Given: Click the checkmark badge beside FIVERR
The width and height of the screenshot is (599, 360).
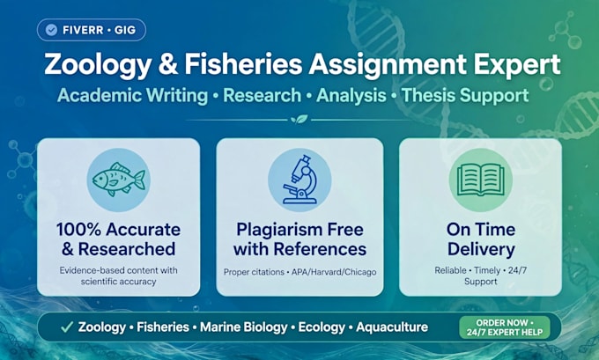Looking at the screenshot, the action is (x=51, y=30).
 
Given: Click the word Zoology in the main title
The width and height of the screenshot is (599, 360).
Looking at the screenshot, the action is (x=98, y=65).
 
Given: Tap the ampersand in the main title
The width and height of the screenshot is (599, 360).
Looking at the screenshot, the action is (x=168, y=64).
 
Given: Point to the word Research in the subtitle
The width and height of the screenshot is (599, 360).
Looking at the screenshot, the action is (x=263, y=95).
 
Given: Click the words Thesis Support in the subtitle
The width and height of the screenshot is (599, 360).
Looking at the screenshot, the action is (x=465, y=96).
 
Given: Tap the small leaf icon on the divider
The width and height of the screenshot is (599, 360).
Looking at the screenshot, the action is (x=299, y=119).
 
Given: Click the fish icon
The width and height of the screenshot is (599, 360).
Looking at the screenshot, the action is (x=118, y=180).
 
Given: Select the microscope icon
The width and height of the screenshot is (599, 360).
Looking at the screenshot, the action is (x=299, y=179).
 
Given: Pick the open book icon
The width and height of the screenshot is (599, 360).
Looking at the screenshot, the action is (x=481, y=180).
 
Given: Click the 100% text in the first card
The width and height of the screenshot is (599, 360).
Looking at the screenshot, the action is (x=78, y=230).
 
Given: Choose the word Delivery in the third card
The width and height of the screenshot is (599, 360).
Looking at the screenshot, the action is (x=481, y=250).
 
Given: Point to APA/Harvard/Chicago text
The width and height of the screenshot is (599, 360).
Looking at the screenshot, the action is (x=334, y=272).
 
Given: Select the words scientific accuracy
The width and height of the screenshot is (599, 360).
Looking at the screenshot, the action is (x=118, y=282).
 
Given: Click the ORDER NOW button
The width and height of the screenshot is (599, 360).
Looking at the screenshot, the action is (x=505, y=327).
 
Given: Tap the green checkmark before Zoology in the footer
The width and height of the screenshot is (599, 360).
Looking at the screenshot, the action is (x=67, y=327).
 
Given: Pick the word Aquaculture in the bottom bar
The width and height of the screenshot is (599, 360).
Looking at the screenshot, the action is (x=392, y=327).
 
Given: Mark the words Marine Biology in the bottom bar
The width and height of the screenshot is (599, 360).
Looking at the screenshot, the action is (x=244, y=327).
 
